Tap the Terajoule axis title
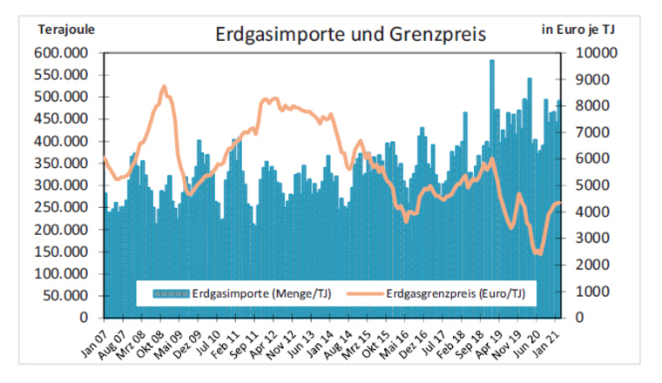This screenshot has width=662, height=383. (66, 29)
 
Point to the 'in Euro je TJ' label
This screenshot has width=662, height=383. (578, 29)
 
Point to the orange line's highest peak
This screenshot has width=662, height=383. (164, 87)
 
